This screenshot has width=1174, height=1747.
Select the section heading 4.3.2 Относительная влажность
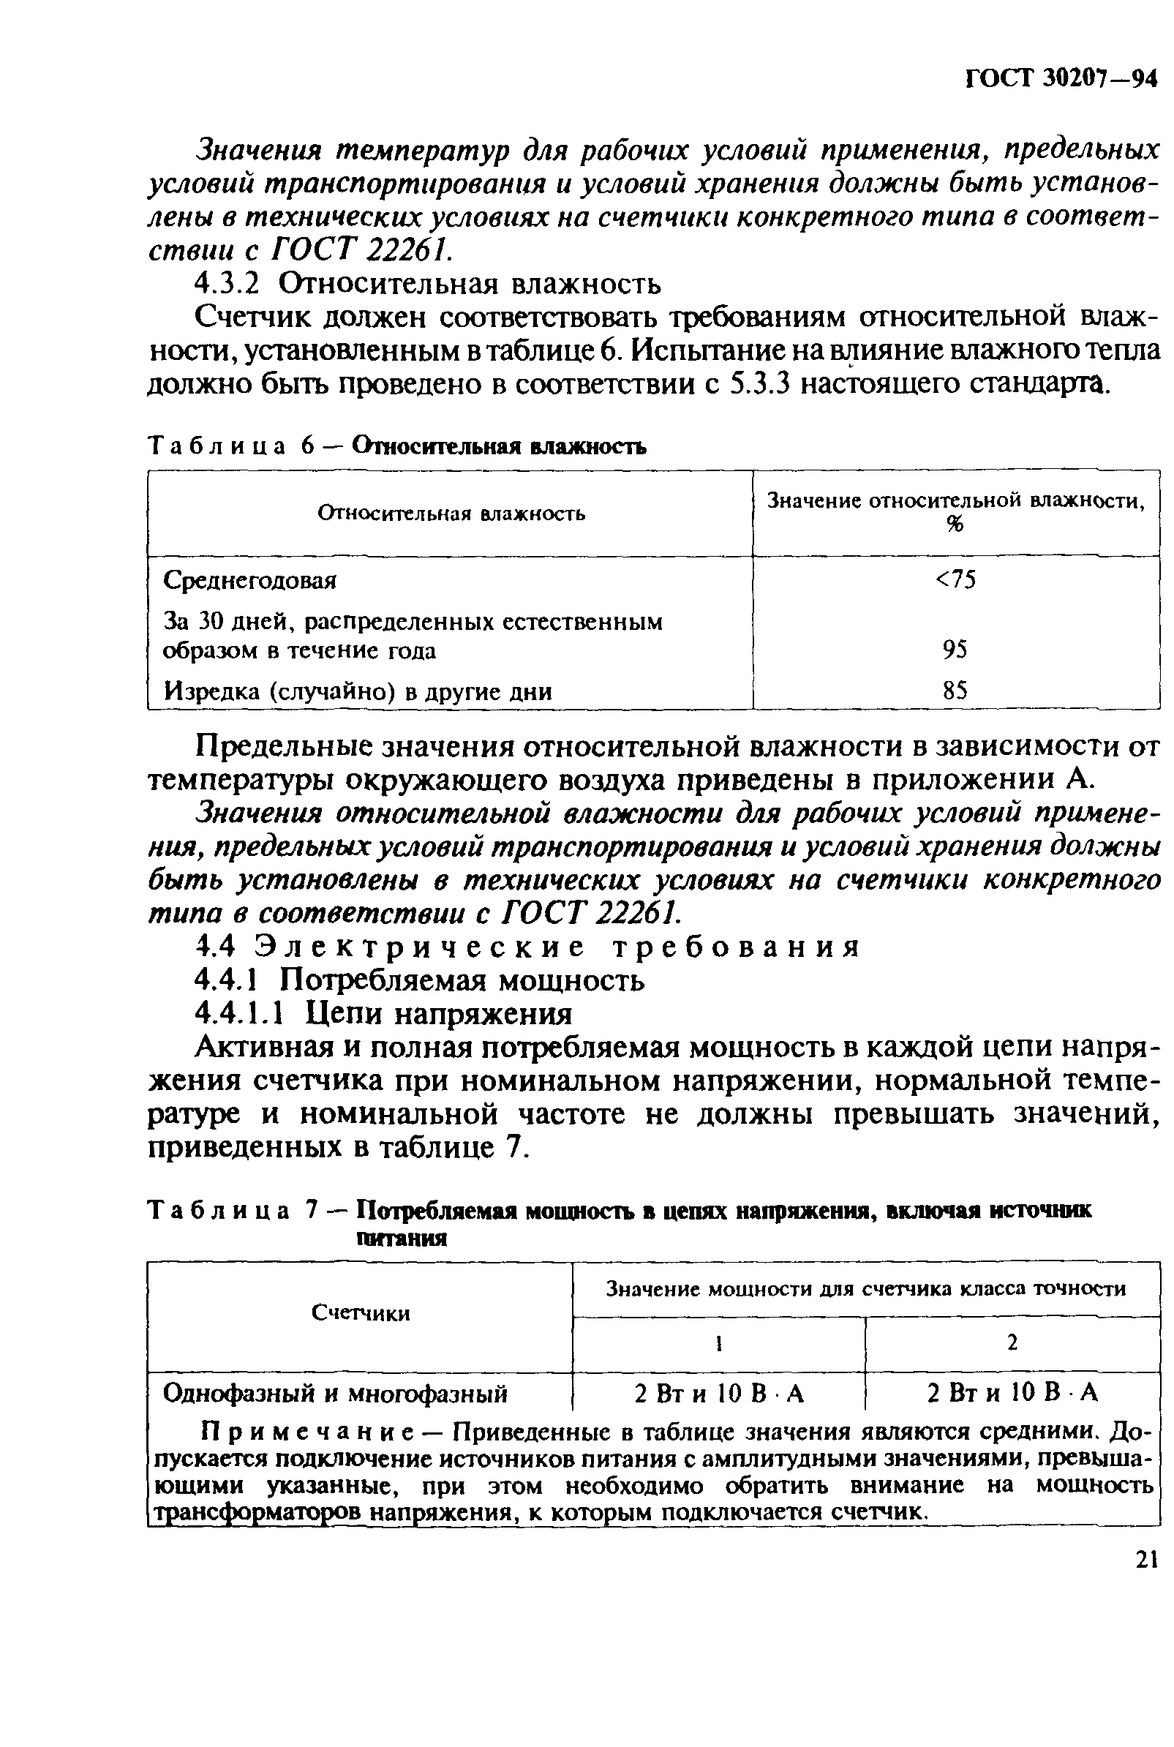tap(427, 285)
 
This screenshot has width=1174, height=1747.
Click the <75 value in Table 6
tap(955, 579)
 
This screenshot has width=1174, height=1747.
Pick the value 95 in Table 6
tap(955, 649)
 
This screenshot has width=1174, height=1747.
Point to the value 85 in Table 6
tap(955, 689)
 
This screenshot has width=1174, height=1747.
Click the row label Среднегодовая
tap(250, 580)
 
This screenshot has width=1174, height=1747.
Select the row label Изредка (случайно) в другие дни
tap(358, 691)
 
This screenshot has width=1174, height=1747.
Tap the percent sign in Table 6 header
tap(955, 526)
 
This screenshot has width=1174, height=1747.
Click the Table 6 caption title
tap(500, 447)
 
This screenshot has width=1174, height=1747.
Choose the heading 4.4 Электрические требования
tap(527, 947)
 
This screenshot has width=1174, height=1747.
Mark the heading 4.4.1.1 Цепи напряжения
tap(383, 1013)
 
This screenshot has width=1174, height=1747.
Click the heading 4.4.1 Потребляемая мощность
tap(419, 980)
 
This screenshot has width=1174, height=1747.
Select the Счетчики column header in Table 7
tap(360, 1313)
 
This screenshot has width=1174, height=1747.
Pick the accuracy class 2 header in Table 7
tap(1012, 1343)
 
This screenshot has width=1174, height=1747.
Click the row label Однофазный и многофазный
tap(336, 1394)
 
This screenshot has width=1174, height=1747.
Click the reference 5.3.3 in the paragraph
tap(760, 384)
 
